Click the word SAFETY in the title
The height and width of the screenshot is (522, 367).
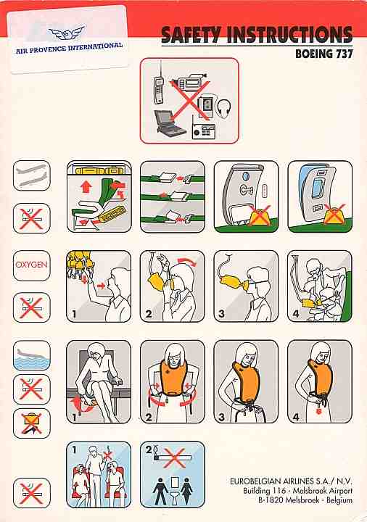tap(191, 35)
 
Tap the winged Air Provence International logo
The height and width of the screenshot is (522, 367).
tap(67, 33)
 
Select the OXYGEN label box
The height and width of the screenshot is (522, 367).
tap(32, 265)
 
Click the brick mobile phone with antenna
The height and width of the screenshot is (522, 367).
tap(158, 85)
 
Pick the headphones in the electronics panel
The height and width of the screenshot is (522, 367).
tap(224, 108)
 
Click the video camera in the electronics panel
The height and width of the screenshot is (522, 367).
tap(190, 82)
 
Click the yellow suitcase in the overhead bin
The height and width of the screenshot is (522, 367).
tap(98, 171)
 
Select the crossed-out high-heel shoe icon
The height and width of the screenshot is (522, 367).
tap(32, 423)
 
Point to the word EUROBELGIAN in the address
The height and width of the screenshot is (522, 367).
tap(255, 481)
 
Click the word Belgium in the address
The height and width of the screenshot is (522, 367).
tap(339, 500)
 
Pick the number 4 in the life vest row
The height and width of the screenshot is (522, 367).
tap(296, 416)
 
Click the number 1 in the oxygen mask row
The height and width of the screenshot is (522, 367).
tap(74, 314)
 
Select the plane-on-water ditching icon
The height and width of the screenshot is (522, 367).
tap(32, 355)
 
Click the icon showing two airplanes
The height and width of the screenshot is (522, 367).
tap(32, 175)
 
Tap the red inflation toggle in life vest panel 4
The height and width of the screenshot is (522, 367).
tap(319, 410)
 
